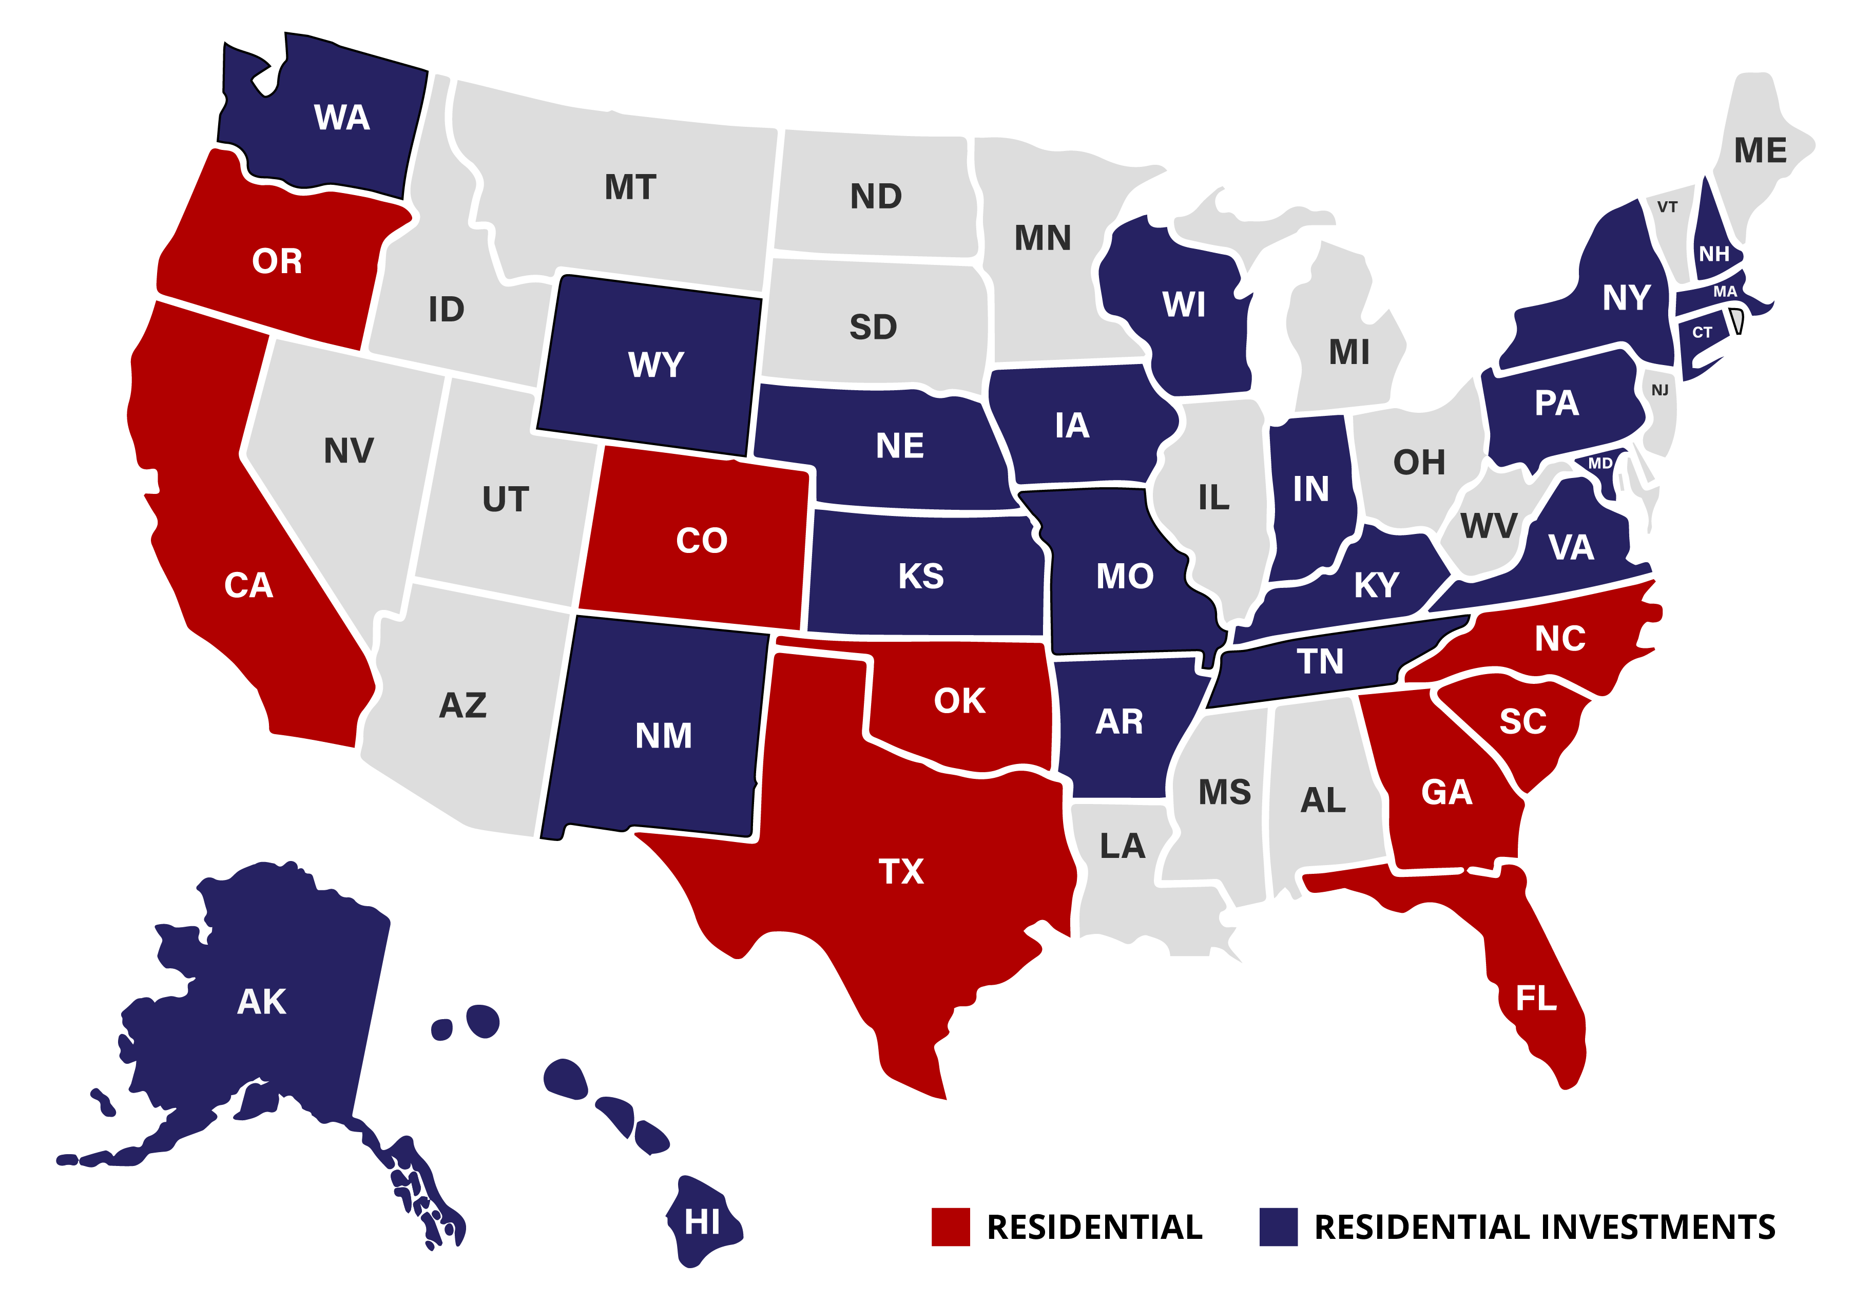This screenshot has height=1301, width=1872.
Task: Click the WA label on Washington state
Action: click(x=341, y=118)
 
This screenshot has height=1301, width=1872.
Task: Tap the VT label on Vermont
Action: click(x=1667, y=207)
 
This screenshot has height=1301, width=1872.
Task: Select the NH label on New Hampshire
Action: click(x=1714, y=254)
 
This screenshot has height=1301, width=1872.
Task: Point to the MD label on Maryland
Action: click(x=1600, y=463)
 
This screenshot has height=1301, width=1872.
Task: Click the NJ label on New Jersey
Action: click(x=1659, y=391)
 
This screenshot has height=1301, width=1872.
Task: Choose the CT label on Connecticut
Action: click(x=1702, y=333)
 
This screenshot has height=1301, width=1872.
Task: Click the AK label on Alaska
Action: click(x=262, y=1002)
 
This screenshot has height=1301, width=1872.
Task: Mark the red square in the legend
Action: click(x=950, y=1227)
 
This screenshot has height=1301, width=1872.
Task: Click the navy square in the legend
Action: click(x=1278, y=1227)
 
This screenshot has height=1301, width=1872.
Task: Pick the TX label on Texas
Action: click(x=900, y=871)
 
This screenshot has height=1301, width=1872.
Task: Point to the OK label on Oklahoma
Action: click(x=959, y=701)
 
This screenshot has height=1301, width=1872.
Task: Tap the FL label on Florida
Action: click(x=1536, y=998)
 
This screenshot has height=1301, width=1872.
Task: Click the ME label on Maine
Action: click(x=1760, y=151)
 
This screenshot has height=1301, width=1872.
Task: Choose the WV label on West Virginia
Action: click(x=1488, y=526)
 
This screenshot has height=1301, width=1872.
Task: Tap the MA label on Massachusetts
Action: click(x=1725, y=292)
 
